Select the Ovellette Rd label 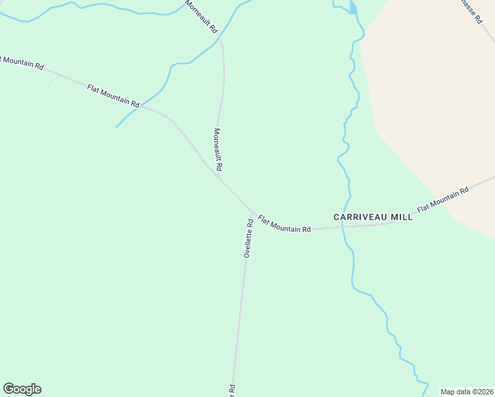[248, 238]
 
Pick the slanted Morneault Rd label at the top [201, 17]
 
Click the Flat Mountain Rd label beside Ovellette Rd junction [284, 224]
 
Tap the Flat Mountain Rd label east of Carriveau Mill [443, 198]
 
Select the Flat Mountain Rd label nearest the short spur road [113, 95]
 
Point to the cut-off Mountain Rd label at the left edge [22, 63]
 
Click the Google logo [22, 389]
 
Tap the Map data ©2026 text [467, 392]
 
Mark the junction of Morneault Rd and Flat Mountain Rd [217, 175]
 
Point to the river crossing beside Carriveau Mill [343, 227]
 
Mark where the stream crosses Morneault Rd [220, 40]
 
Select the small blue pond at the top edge [353, 8]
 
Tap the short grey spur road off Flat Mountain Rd [54, 81]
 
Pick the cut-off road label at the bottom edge [232, 390]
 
